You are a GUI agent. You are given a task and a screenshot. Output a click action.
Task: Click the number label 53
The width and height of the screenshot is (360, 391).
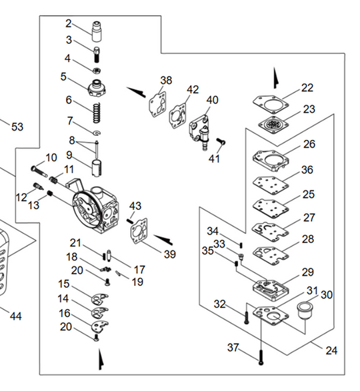click(17, 127)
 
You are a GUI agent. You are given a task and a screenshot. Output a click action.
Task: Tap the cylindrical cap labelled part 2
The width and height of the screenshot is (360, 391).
click(99, 29)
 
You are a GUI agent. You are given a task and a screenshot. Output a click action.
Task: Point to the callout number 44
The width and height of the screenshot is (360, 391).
click(15, 316)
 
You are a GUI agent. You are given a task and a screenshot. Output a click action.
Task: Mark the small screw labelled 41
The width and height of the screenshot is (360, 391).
click(223, 141)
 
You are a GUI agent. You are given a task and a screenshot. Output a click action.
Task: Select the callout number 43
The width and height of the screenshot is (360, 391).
click(135, 205)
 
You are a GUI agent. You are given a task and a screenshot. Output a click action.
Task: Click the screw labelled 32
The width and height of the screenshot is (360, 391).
click(246, 314)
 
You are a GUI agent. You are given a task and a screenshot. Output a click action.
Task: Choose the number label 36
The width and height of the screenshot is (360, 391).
click(307, 171)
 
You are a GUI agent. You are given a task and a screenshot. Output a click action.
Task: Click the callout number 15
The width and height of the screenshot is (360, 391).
click(63, 284)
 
